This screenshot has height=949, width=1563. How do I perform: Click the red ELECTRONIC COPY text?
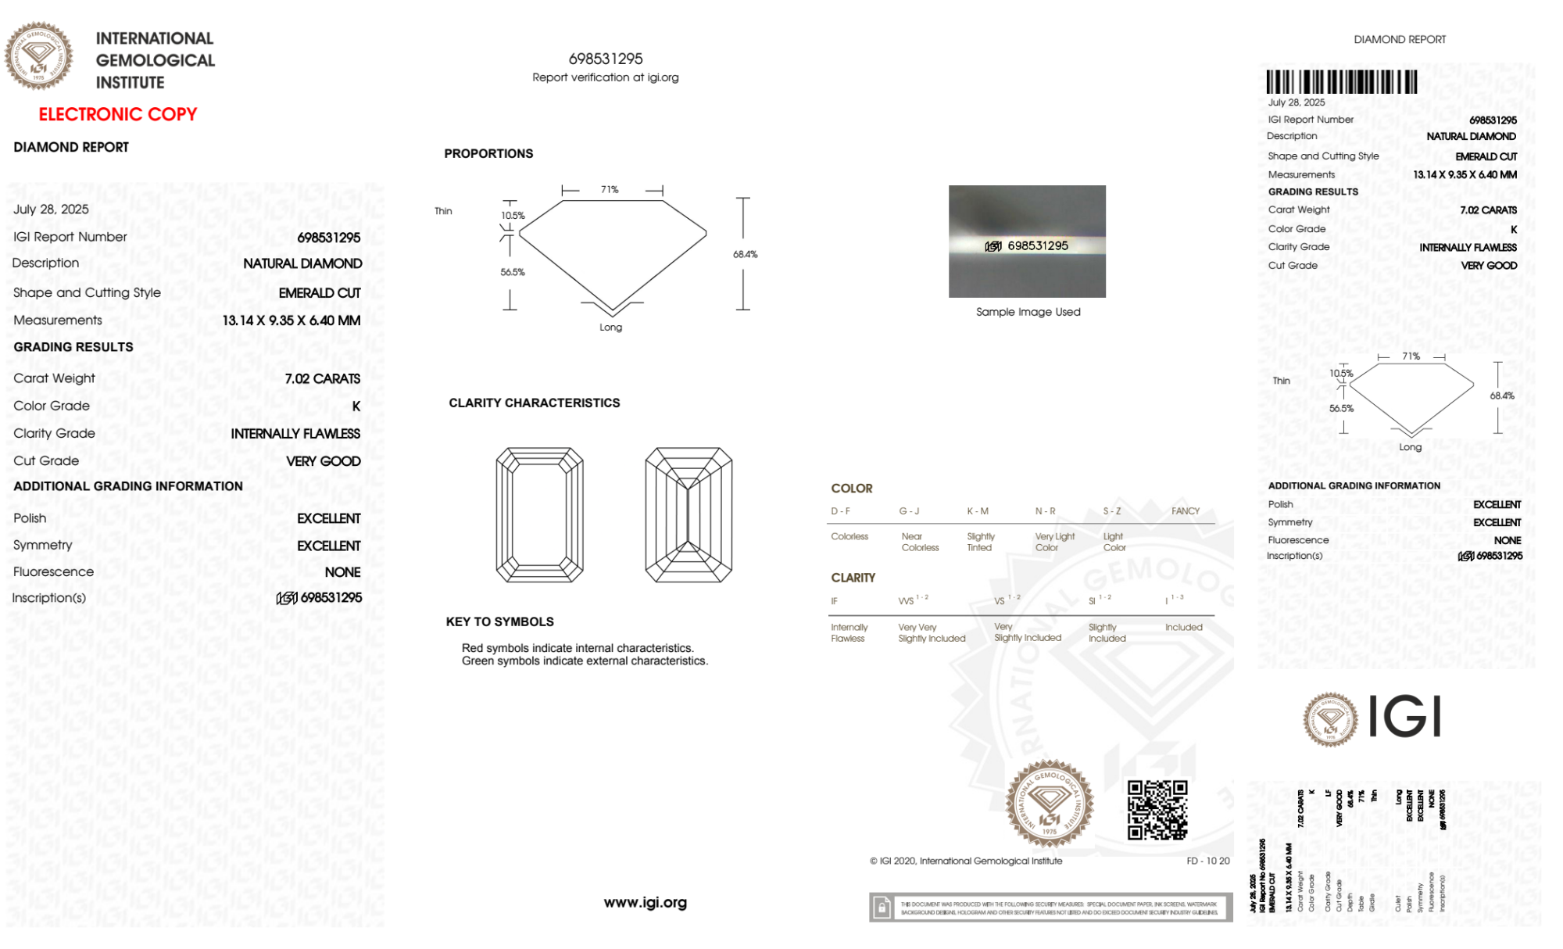(118, 114)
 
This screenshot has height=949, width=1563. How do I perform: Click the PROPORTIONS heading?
(488, 154)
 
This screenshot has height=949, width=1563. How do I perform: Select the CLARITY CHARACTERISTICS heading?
(534, 403)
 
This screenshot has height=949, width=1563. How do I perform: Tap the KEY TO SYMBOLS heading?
(499, 622)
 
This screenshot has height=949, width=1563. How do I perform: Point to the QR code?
(1157, 810)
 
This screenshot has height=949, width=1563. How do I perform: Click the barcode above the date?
(1341, 82)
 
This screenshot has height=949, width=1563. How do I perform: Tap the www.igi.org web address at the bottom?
(645, 903)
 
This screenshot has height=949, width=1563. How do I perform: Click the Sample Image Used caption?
(1028, 312)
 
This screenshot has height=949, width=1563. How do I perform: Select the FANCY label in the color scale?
(1185, 511)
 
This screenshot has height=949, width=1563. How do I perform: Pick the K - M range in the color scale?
(978, 511)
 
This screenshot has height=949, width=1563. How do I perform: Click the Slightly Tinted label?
(981, 543)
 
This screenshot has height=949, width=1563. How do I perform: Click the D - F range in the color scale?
(841, 511)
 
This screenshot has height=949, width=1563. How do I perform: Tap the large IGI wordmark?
(1405, 716)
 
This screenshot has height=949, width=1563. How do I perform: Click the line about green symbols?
(585, 661)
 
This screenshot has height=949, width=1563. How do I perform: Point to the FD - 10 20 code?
(1207, 861)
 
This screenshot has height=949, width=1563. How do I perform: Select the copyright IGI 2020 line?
(966, 861)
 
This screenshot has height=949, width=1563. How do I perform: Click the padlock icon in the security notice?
(882, 908)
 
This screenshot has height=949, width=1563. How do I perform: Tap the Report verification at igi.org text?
(606, 77)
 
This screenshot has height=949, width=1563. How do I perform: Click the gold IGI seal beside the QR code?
(1050, 804)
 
